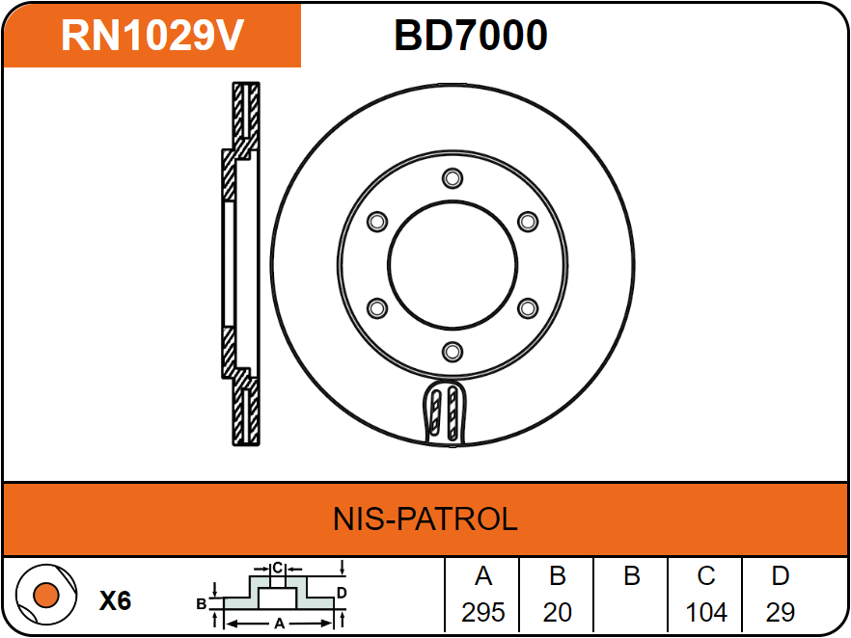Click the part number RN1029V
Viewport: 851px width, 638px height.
(x=152, y=36)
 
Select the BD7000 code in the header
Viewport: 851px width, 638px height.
(x=470, y=36)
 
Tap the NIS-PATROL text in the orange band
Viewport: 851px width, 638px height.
(x=425, y=518)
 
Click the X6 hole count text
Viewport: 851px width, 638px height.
(x=115, y=601)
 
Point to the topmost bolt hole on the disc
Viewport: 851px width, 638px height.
(x=453, y=178)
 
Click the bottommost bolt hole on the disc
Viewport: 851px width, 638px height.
(x=453, y=352)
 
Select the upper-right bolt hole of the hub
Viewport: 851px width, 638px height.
(x=528, y=222)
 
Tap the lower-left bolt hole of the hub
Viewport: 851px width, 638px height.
(x=377, y=308)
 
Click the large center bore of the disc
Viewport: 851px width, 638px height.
(x=453, y=265)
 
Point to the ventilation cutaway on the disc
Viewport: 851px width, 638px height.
(x=447, y=412)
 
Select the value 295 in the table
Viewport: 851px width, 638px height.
(x=483, y=612)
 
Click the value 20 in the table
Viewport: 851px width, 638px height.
(x=558, y=612)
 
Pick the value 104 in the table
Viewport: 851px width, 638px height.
(x=706, y=612)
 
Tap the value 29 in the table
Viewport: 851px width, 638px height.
(x=780, y=612)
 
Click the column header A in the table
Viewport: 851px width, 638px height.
(x=483, y=576)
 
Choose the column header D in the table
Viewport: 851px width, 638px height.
(x=780, y=576)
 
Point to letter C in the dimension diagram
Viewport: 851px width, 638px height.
(x=276, y=568)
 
